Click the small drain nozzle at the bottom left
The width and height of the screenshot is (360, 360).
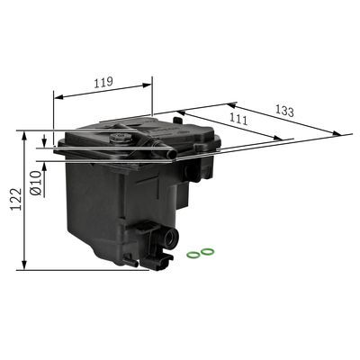[130, 262]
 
